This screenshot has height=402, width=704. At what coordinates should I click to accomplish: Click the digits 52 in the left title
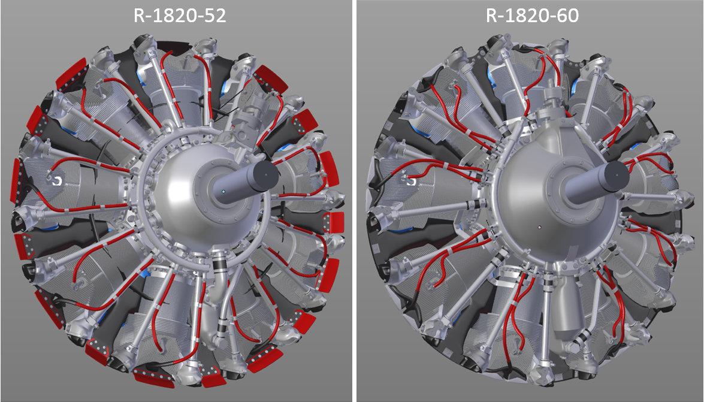tap(215, 16)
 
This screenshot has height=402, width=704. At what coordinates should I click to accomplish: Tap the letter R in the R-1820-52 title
tap(139, 16)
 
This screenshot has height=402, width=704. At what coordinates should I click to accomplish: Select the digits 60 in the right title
tap(568, 16)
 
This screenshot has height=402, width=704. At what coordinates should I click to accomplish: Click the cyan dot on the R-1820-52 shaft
tap(223, 191)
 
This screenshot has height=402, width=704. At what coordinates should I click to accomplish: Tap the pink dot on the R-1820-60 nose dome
tap(540, 228)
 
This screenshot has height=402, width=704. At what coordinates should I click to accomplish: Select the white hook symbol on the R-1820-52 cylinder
tap(56, 180)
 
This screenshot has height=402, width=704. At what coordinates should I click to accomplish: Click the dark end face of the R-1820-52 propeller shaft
tap(265, 173)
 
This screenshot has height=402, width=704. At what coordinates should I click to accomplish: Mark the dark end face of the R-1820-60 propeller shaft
tap(616, 174)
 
